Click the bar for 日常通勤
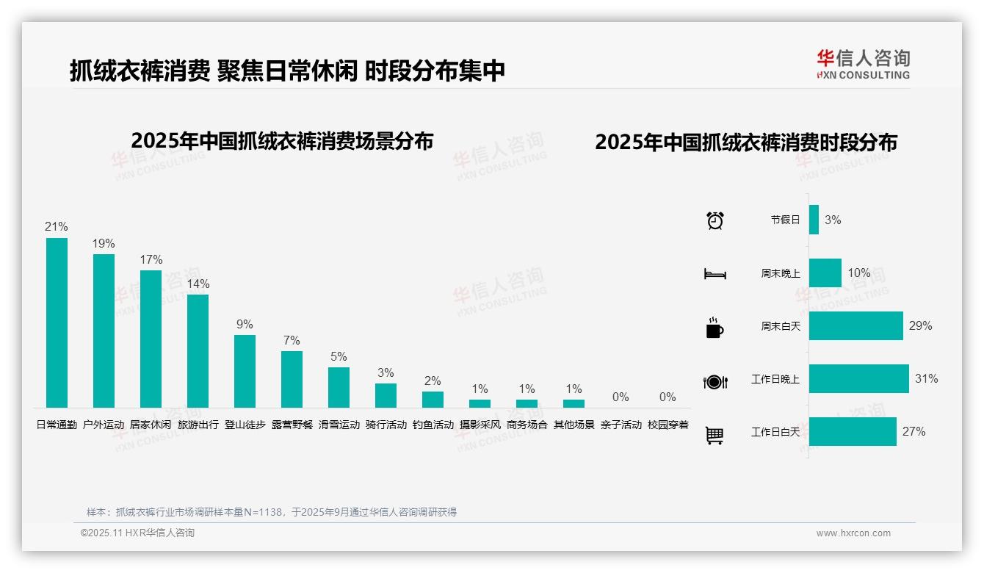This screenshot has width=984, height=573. pyautogui.click(x=57, y=322)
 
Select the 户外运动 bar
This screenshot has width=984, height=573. pyautogui.click(x=104, y=331)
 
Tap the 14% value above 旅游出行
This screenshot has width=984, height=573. pyautogui.click(x=198, y=284)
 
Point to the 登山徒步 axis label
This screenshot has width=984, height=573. pyautogui.click(x=245, y=425)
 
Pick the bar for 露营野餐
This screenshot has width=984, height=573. pyautogui.click(x=292, y=379)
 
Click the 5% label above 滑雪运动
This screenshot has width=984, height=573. pyautogui.click(x=339, y=356)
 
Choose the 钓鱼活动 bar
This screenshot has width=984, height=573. pyautogui.click(x=433, y=400)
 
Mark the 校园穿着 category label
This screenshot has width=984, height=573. pyautogui.click(x=668, y=425)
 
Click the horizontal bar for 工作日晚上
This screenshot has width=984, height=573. pyautogui.click(x=858, y=379)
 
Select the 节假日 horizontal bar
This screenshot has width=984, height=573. pyautogui.click(x=814, y=220)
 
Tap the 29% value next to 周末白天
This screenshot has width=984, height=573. pyautogui.click(x=920, y=325)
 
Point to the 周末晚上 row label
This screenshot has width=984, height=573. pyautogui.click(x=780, y=273)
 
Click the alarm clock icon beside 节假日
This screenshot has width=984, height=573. pyautogui.click(x=715, y=220)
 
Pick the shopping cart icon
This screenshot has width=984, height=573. pyautogui.click(x=715, y=435)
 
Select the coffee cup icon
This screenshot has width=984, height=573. pyautogui.click(x=715, y=328)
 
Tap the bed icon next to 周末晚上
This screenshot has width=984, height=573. pyautogui.click(x=715, y=274)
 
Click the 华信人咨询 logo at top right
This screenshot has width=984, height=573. pyautogui.click(x=863, y=64)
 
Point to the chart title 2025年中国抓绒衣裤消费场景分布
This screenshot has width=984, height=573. pyautogui.click(x=282, y=141)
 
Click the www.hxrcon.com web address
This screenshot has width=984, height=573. pyautogui.click(x=853, y=533)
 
